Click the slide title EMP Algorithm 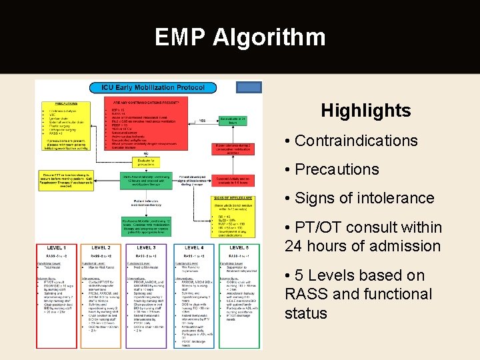click(240, 37)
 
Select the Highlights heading click(365, 111)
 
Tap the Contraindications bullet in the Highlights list click(356, 141)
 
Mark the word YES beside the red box click(202, 121)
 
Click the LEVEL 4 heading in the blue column click(194, 248)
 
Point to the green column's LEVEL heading click(238, 248)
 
